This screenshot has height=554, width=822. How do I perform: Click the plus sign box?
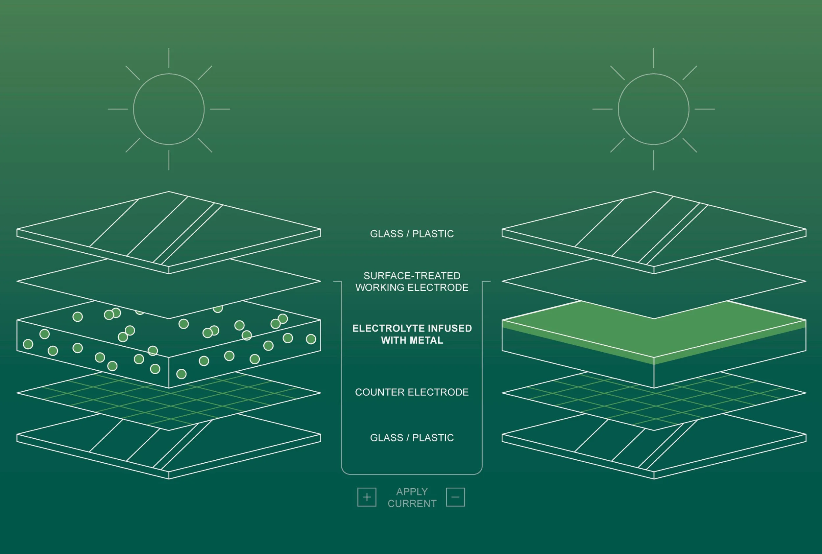[x=367, y=497]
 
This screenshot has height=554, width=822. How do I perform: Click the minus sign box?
[x=455, y=497]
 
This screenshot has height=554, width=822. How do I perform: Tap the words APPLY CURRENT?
[x=412, y=497]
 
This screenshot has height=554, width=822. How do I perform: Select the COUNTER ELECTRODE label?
[x=412, y=392]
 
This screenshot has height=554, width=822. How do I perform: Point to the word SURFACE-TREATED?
[x=412, y=276]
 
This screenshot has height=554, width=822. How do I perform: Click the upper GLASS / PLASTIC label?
[x=412, y=234]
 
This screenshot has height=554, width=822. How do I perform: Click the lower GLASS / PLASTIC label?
[x=412, y=438]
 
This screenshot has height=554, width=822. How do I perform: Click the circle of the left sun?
[x=169, y=109]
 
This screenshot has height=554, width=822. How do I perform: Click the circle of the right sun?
[x=653, y=109]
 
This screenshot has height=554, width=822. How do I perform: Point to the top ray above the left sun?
[x=169, y=58]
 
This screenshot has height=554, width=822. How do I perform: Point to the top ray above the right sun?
[x=653, y=58]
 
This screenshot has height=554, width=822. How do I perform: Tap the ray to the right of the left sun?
[x=220, y=109]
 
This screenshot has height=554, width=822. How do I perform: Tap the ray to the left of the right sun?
[x=602, y=109]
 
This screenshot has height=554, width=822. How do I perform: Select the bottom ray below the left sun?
[x=169, y=160]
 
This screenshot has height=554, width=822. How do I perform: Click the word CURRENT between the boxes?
[x=412, y=503]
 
